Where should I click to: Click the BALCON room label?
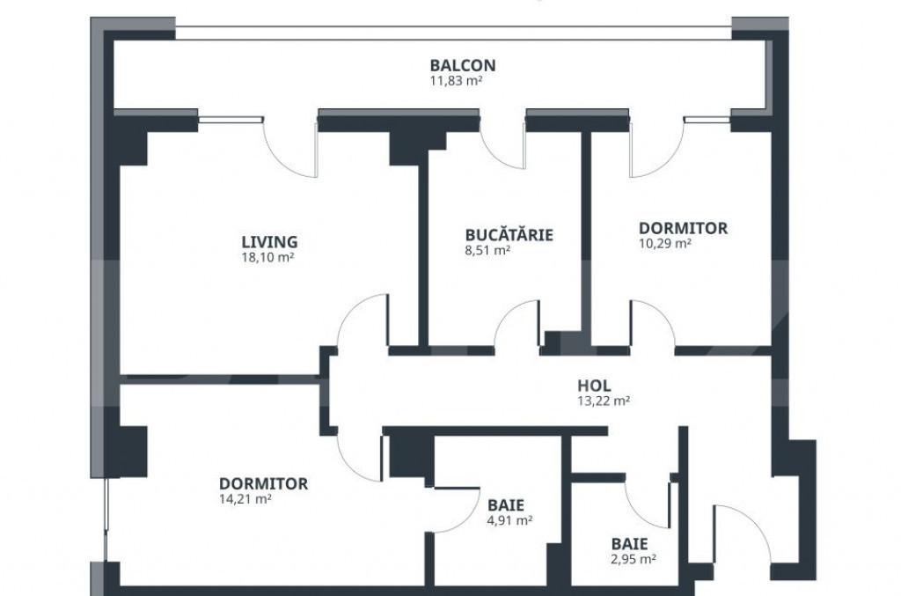[x=462, y=65]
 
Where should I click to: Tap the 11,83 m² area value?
[x=456, y=80]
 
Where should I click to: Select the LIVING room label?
[x=269, y=241]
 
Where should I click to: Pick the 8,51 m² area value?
[x=489, y=250]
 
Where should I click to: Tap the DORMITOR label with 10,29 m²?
[x=683, y=228]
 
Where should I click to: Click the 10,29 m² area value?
[x=664, y=244]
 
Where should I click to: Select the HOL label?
[x=594, y=386]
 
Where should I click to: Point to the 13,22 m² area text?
[x=603, y=401]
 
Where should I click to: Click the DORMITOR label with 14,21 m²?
[x=263, y=483]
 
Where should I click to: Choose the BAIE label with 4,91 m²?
[x=506, y=505]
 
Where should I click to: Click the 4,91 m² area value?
[x=509, y=521]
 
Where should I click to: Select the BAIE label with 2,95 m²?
[x=630, y=544]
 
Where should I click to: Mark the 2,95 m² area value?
[x=633, y=559]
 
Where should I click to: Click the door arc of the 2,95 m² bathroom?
[x=649, y=504]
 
